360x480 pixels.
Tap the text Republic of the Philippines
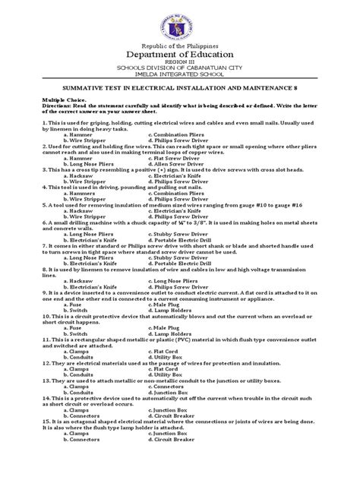click(179, 49)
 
